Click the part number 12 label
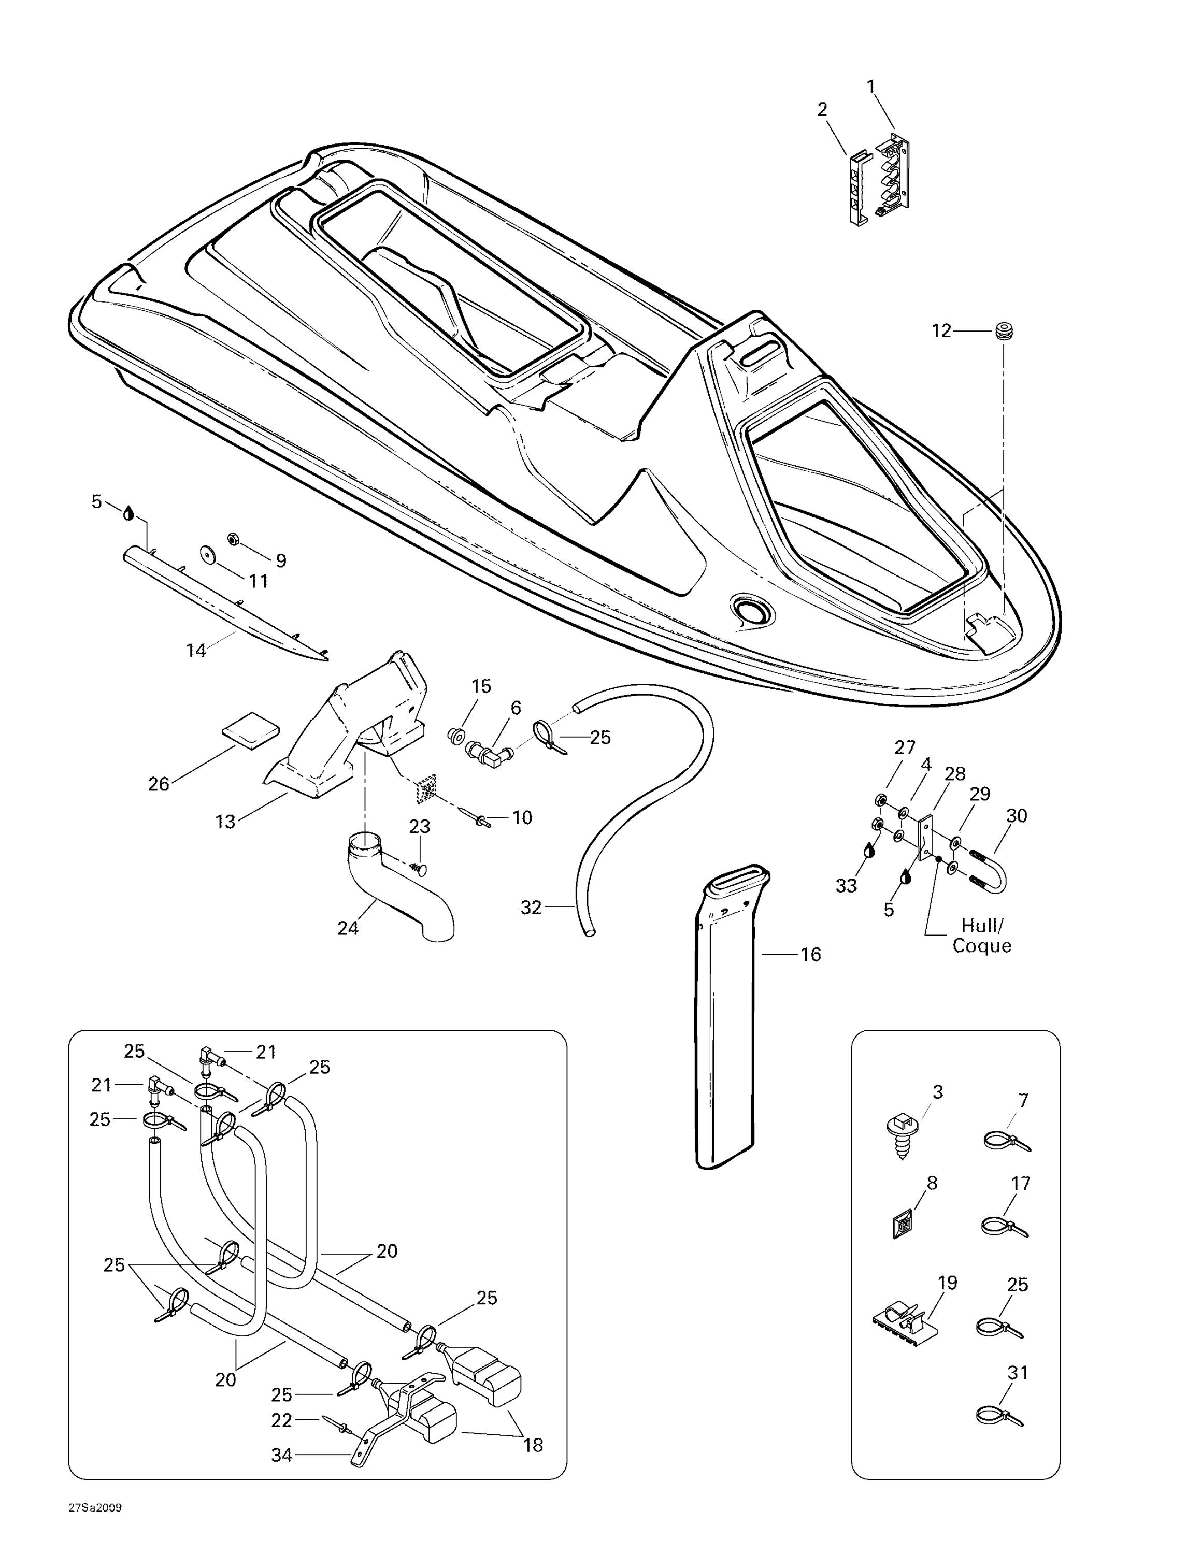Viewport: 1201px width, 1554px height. click(x=941, y=331)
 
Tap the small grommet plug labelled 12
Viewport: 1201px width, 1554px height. click(x=1003, y=332)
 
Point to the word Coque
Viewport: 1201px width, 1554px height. click(x=982, y=946)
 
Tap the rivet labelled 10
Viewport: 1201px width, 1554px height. click(x=484, y=821)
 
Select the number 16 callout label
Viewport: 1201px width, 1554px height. click(x=810, y=955)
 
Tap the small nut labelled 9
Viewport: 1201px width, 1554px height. click(x=232, y=539)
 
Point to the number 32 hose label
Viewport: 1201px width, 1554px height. click(x=531, y=907)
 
